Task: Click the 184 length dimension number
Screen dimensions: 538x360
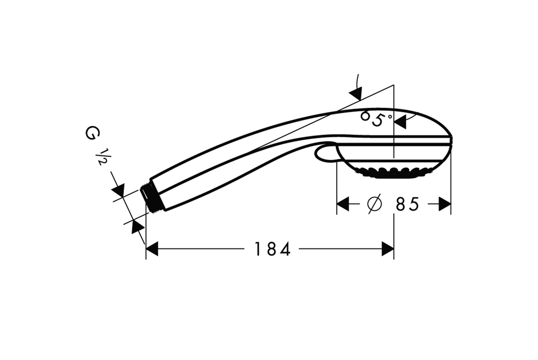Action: click(272, 249)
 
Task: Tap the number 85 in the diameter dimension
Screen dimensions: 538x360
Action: click(407, 204)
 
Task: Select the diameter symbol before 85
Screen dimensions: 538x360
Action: click(374, 204)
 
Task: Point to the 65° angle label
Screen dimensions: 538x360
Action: click(376, 118)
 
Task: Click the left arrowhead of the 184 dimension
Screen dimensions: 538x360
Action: click(152, 249)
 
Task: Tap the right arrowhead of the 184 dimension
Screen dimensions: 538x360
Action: click(388, 249)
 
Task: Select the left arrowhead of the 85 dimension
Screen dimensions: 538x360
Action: click(343, 204)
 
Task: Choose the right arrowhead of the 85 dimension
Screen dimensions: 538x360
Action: click(445, 204)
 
